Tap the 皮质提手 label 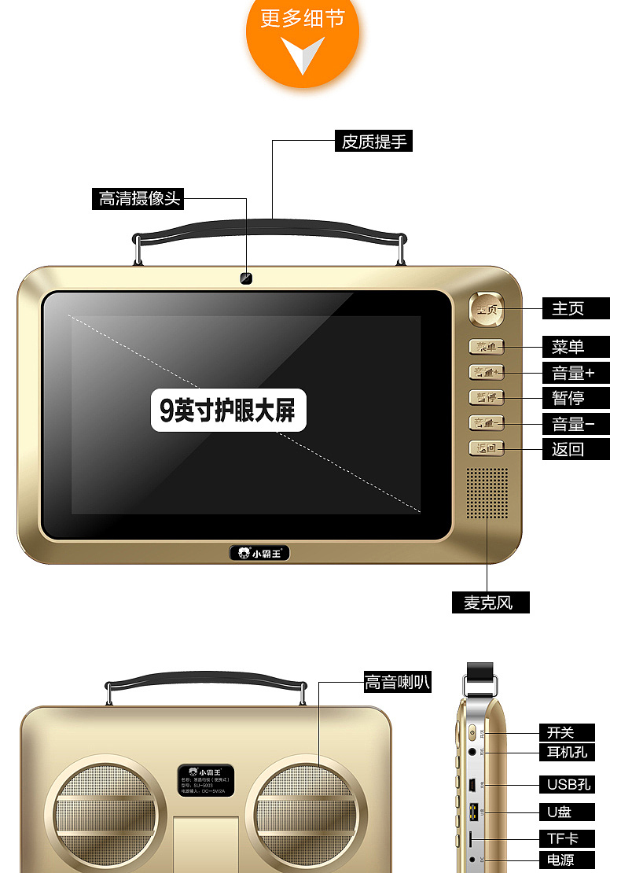pyautogui.click(x=373, y=142)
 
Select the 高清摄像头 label pyautogui.click(x=137, y=199)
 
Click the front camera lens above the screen pyautogui.click(x=247, y=278)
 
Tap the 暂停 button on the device pyautogui.click(x=487, y=397)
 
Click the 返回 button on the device pyautogui.click(x=487, y=448)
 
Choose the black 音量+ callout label pyautogui.click(x=575, y=372)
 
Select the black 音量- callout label pyautogui.click(x=575, y=424)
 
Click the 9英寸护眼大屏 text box pyautogui.click(x=228, y=410)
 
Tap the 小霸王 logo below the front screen pyautogui.click(x=259, y=553)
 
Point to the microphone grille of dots pyautogui.click(x=487, y=493)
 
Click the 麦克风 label pyautogui.click(x=491, y=602)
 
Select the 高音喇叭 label pyautogui.click(x=397, y=682)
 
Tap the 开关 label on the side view pyautogui.click(x=566, y=732)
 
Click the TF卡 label pyautogui.click(x=566, y=838)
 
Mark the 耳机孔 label pyautogui.click(x=566, y=752)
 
